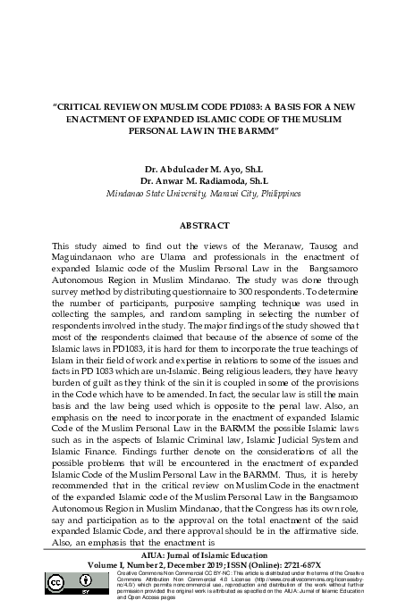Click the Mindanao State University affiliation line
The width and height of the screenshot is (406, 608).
[x=203, y=193]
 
